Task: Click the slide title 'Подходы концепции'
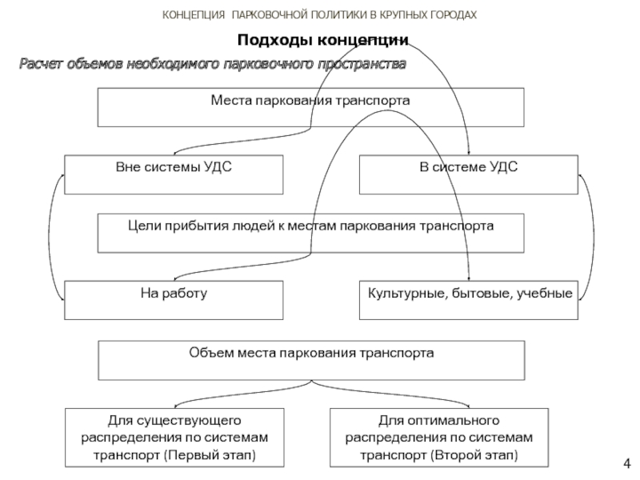pyautogui.click(x=323, y=41)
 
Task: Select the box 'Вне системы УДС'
pyautogui.click(x=174, y=174)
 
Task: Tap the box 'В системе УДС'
pyautogui.click(x=469, y=174)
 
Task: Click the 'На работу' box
pyautogui.click(x=174, y=300)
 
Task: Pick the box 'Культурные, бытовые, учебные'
pyautogui.click(x=469, y=300)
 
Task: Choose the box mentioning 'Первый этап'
pyautogui.click(x=174, y=437)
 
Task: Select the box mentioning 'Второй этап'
pyautogui.click(x=439, y=437)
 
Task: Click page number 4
pyautogui.click(x=627, y=464)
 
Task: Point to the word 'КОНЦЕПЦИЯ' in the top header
pyautogui.click(x=194, y=15)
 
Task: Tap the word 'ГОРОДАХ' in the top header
pyautogui.click(x=454, y=15)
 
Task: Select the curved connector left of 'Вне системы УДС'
pyautogui.click(x=52, y=238)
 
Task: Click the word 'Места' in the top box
pyautogui.click(x=231, y=101)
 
